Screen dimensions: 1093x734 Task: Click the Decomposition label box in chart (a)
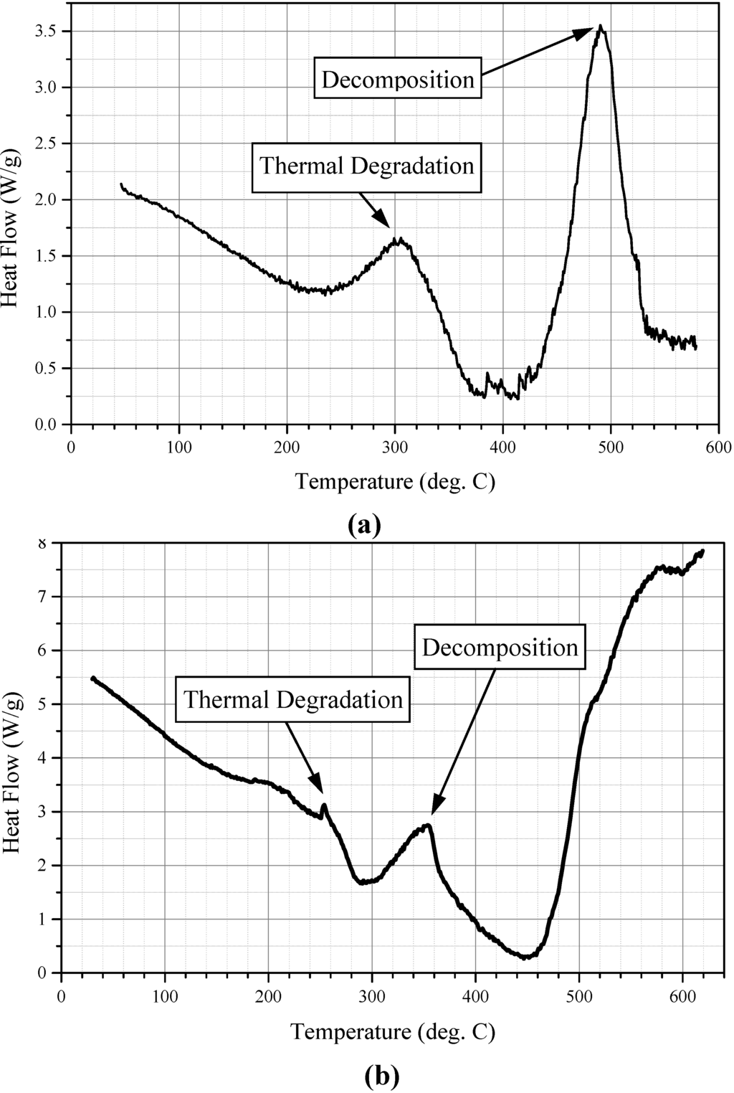click(398, 79)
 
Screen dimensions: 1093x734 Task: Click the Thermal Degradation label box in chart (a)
click(366, 166)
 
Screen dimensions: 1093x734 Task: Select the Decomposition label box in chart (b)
click(500, 648)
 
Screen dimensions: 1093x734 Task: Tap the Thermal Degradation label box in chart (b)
click(293, 699)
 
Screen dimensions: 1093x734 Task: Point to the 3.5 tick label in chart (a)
click(44, 32)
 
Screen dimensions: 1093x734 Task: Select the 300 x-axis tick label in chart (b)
click(372, 997)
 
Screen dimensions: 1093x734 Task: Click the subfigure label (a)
click(364, 525)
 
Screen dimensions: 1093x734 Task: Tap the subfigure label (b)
click(381, 1076)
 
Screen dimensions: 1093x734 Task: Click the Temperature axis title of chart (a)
click(395, 481)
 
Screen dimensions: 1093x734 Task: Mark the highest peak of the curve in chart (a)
click(600, 26)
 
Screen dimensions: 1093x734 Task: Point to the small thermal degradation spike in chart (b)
click(325, 805)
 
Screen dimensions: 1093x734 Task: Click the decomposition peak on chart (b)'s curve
click(428, 825)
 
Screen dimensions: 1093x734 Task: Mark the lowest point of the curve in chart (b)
click(526, 957)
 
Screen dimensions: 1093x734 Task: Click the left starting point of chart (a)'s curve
click(121, 184)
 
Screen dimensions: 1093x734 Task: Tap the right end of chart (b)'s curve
click(703, 551)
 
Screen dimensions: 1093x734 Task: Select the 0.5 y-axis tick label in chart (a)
click(44, 369)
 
